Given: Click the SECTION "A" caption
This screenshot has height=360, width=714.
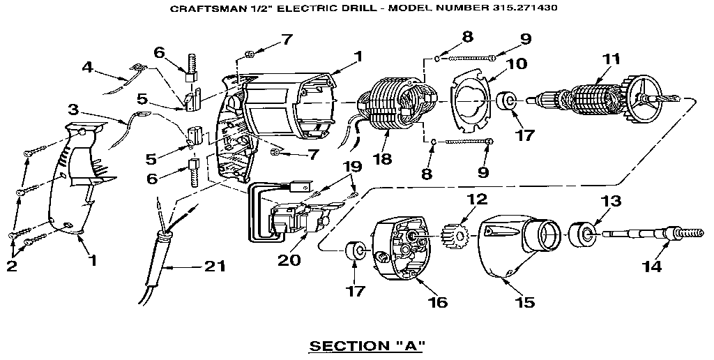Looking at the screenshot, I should coord(367,345).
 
